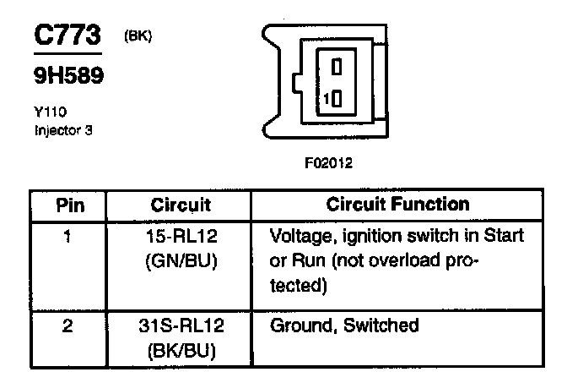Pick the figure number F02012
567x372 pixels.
pyautogui.click(x=328, y=164)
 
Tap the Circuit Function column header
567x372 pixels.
pyautogui.click(x=397, y=205)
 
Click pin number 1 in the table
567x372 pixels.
pyautogui.click(x=66, y=235)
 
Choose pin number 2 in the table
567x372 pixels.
pyautogui.click(x=66, y=324)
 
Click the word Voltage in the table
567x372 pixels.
pyautogui.click(x=297, y=235)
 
